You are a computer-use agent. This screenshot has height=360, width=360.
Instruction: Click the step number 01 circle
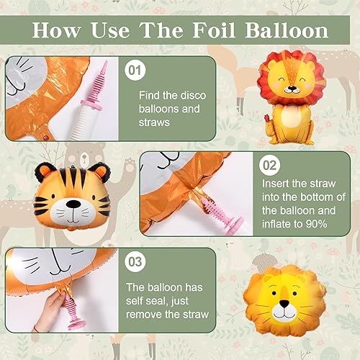pyautogui.click(x=135, y=70)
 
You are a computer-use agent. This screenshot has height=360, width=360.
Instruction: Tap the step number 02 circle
pyautogui.click(x=269, y=165)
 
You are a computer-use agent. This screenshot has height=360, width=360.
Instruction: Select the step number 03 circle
pyautogui.click(x=135, y=261)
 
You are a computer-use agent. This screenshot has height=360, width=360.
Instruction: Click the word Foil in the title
pyautogui.click(x=213, y=30)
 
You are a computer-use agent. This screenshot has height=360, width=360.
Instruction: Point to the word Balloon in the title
pyautogui.click(x=287, y=30)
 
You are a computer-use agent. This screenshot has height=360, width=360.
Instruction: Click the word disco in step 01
pyautogui.click(x=193, y=96)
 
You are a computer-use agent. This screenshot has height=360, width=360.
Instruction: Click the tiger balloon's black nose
pyautogui.click(x=73, y=204)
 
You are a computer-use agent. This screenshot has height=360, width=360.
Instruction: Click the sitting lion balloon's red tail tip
pyautogui.click(x=266, y=118)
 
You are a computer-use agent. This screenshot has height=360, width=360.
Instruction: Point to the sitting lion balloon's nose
pyautogui.click(x=292, y=88)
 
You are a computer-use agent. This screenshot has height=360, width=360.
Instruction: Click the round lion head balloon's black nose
pyautogui.click(x=284, y=303)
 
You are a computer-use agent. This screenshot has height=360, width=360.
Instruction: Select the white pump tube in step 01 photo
pyautogui.click(x=84, y=122)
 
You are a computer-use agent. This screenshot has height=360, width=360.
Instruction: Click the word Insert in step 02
pyautogui.click(x=276, y=184)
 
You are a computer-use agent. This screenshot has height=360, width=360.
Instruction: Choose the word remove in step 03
pyautogui.click(x=142, y=315)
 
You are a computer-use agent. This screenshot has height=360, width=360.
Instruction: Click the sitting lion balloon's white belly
pyautogui.click(x=292, y=117)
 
